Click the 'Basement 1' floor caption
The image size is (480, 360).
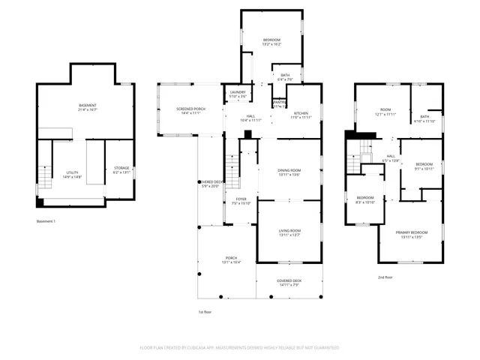click(x=46, y=221)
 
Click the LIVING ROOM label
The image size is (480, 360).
click(x=289, y=232)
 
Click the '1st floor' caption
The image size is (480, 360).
click(x=205, y=311)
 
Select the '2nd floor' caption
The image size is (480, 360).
click(x=386, y=277)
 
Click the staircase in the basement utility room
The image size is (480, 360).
click(x=44, y=178)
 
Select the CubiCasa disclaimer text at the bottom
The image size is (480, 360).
click(x=240, y=348)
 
